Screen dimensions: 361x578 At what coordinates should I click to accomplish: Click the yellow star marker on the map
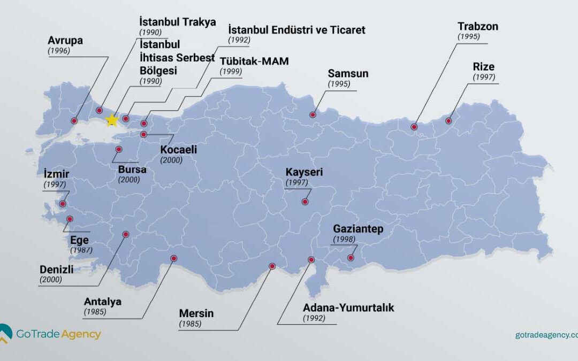pyautogui.click(x=112, y=120)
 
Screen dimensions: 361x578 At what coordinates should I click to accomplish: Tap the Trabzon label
pyautogui.click(x=477, y=27)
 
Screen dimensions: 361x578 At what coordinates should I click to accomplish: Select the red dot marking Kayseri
pyautogui.click(x=305, y=202)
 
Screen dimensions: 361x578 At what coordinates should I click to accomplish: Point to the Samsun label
pyautogui.click(x=348, y=74)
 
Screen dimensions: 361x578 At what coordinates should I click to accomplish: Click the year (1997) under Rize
pyautogui.click(x=484, y=78)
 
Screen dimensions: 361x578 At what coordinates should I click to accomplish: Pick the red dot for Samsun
pyautogui.click(x=313, y=114)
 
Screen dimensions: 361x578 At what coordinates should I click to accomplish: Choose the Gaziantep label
pyautogui.click(x=358, y=229)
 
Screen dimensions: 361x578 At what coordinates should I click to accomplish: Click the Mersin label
pyautogui.click(x=196, y=313)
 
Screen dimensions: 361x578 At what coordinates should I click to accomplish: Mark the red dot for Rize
pyautogui.click(x=449, y=121)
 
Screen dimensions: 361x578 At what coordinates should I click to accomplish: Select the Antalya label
pyautogui.click(x=103, y=301)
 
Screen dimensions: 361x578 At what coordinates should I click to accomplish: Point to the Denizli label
pyautogui.click(x=57, y=269)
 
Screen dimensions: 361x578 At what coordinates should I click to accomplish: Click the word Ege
pyautogui.click(x=79, y=240)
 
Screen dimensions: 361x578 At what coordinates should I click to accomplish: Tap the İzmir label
pyautogui.click(x=57, y=174)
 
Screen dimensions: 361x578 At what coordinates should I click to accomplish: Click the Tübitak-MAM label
pyautogui.click(x=254, y=61)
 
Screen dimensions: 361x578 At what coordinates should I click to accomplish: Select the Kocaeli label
pyautogui.click(x=179, y=150)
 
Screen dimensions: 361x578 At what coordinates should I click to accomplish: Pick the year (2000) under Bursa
pyautogui.click(x=129, y=180)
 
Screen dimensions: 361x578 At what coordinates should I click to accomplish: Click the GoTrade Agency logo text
pyautogui.click(x=58, y=334)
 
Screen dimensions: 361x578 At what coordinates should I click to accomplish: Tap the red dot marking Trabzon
pyautogui.click(x=414, y=127)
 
